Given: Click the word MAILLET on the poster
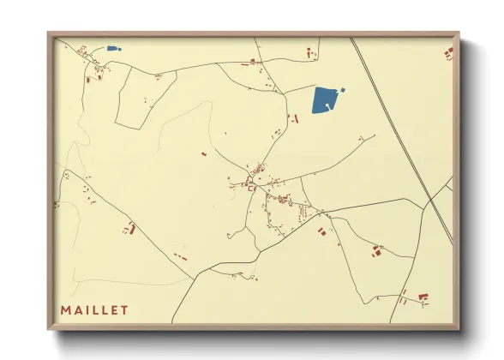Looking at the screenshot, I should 94,309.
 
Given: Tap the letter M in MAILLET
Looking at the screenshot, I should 65,309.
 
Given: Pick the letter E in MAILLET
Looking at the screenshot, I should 114,309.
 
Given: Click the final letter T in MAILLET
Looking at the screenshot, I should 125,309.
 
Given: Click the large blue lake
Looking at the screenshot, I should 324,100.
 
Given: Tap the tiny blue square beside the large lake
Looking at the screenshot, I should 344,89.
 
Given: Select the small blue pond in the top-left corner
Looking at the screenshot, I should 113,48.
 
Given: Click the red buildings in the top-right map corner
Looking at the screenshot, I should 448,53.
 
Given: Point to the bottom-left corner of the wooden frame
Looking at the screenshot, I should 49,329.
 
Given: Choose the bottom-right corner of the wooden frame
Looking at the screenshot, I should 459,329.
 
